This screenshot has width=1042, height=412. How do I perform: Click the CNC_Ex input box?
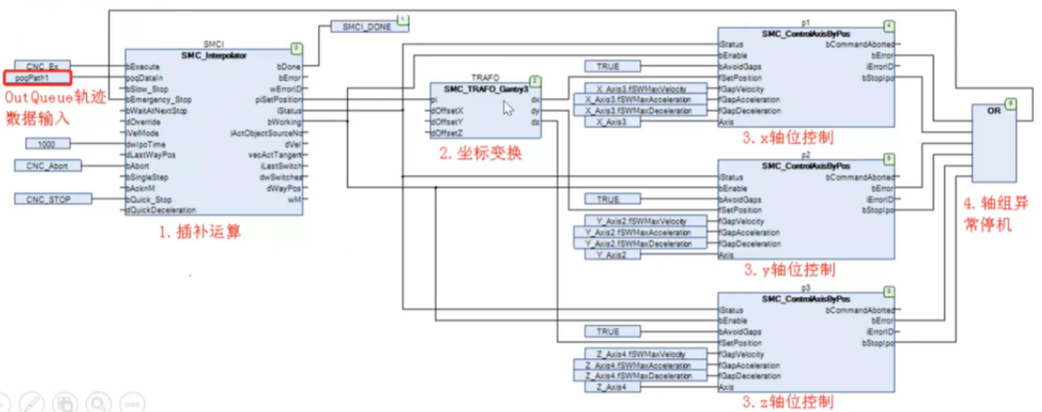click(43, 66)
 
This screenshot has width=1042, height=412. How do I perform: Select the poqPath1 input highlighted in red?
click(43, 78)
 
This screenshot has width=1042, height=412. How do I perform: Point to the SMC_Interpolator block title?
click(214, 55)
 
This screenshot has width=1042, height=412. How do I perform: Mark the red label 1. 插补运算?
click(200, 233)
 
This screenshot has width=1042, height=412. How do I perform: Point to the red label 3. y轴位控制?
click(788, 269)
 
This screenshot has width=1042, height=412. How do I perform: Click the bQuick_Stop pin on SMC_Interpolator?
click(150, 199)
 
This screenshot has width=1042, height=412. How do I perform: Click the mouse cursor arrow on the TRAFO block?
click(508, 108)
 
